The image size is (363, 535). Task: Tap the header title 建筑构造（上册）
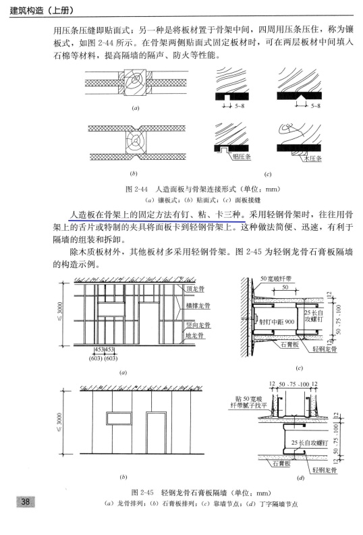tap(41, 10)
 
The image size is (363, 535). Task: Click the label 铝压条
tap(241, 157)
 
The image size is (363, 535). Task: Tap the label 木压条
tap(313, 160)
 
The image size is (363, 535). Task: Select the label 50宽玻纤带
tap(277, 278)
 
